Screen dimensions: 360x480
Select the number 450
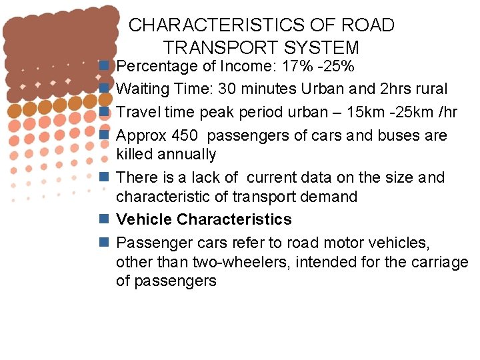click(x=185, y=135)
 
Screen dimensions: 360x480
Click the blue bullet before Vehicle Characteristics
click(x=104, y=219)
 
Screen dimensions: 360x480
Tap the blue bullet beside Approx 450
click(x=104, y=134)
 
